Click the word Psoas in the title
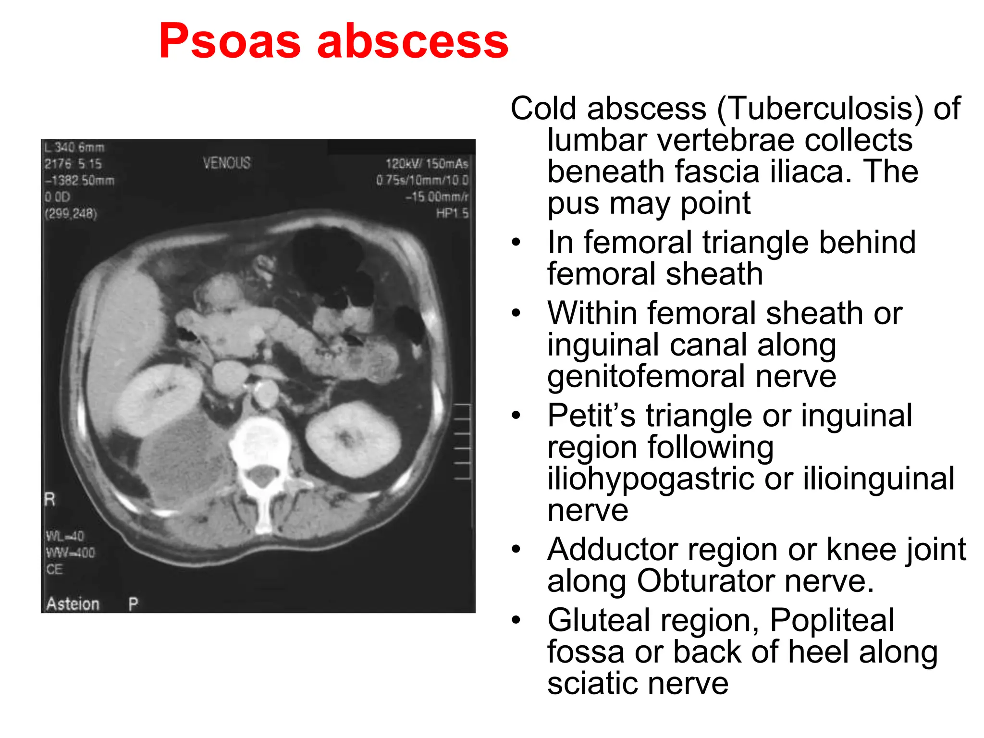[x=230, y=42]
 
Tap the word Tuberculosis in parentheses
[x=820, y=109]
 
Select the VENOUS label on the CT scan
[x=226, y=163]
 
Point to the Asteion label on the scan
[x=73, y=603]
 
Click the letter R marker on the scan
[x=50, y=499]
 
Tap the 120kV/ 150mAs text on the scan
[x=427, y=164]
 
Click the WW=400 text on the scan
[x=71, y=553]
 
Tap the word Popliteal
[x=832, y=620]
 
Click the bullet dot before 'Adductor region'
[x=516, y=549]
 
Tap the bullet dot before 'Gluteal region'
[x=516, y=620]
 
